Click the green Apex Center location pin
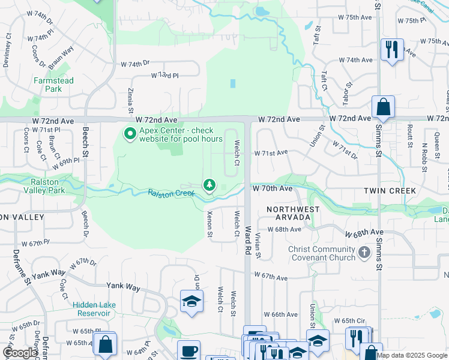tap(128, 133)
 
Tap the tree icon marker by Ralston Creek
tap(209, 185)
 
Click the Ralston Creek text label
tap(171, 193)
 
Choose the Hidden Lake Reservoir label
tap(94, 309)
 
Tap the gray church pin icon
tap(364, 253)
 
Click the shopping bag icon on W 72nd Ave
tap(383, 107)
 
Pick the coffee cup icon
tap(189, 350)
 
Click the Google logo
tap(20, 353)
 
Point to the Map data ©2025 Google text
tap(412, 355)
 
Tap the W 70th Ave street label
tap(272, 188)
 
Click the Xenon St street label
tap(209, 224)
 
